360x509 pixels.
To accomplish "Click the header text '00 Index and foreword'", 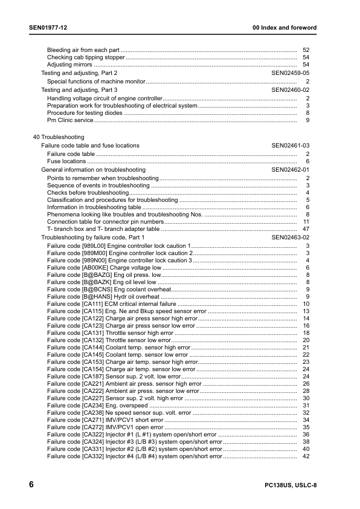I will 284,28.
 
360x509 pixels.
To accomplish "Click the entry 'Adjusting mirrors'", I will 69,65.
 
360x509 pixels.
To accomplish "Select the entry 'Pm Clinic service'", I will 70,121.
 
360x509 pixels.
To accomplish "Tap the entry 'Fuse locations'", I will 66,162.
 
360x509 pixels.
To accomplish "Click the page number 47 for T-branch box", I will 306,230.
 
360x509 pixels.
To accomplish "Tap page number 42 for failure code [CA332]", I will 306,456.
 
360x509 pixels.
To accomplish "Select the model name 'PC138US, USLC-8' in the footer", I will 290,487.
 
